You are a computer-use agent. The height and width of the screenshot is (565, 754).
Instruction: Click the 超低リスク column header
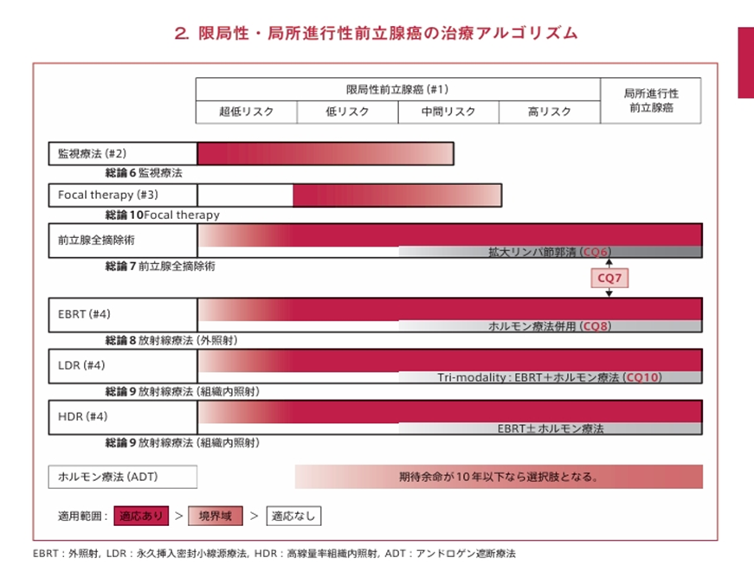246,112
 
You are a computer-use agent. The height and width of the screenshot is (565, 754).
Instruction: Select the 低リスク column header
347,112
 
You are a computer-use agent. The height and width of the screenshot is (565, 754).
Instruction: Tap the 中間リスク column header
448,112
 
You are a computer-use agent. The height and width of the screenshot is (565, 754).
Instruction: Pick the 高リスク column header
550,112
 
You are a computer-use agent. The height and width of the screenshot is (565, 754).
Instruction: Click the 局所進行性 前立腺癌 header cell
651,100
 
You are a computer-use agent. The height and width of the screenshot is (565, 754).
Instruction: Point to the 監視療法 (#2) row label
122,154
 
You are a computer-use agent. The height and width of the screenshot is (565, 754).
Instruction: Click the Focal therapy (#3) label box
122,195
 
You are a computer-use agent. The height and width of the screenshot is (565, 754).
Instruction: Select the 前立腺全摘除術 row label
122,241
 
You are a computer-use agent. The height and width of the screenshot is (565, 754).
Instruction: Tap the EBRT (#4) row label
122,314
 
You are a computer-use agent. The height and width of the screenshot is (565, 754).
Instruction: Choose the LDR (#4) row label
122,365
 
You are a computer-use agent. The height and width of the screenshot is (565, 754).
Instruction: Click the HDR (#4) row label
122,416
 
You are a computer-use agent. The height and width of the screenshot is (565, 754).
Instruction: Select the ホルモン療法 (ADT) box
122,477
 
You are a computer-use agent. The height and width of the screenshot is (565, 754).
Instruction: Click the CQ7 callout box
609,279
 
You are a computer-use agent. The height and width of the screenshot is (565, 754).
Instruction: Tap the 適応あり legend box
142,517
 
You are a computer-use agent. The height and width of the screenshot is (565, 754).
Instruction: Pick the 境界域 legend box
216,517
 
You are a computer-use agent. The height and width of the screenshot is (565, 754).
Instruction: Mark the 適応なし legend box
293,517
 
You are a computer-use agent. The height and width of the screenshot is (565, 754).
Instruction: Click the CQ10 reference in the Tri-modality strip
643,377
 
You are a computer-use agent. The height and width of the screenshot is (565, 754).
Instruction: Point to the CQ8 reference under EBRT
596,326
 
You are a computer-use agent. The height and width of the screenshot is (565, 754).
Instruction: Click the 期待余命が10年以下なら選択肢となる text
499,477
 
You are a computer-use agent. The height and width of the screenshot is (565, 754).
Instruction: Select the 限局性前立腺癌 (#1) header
397,89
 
